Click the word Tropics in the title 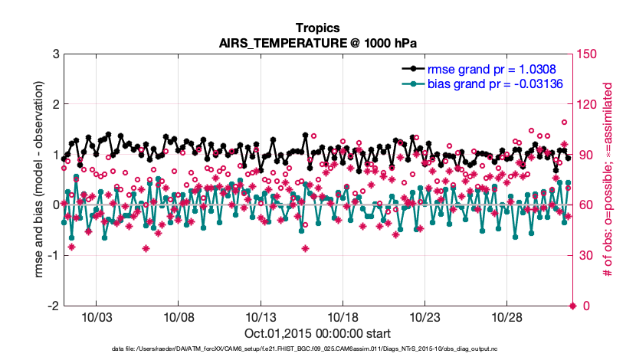318,28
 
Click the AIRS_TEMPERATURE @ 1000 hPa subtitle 318,43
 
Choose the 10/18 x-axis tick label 343,317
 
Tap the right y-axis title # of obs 608,180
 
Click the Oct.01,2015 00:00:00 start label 318,333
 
